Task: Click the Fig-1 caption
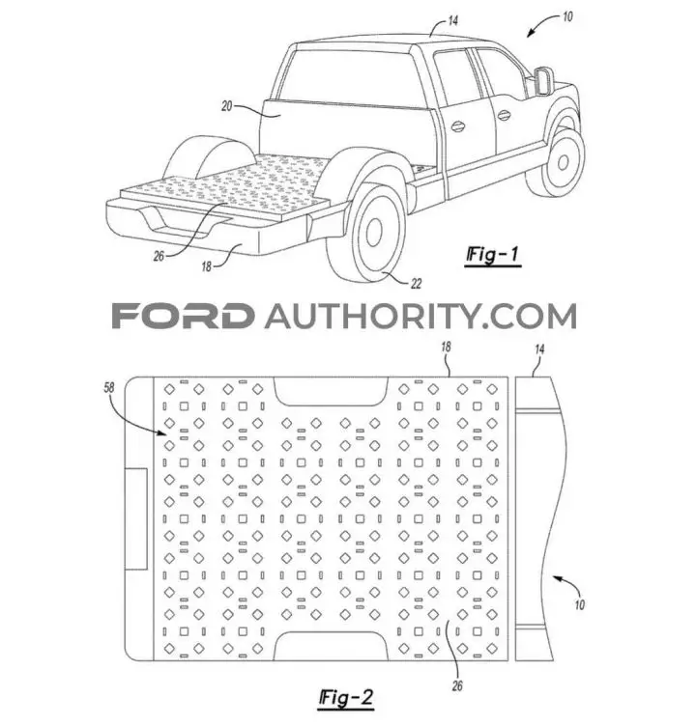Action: click(x=492, y=256)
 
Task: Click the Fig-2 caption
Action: click(x=346, y=698)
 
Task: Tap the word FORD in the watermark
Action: click(x=183, y=317)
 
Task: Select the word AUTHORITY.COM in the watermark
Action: click(x=421, y=317)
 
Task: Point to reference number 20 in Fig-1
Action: click(x=227, y=106)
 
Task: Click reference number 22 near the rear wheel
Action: click(x=416, y=284)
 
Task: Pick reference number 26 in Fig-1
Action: click(x=159, y=256)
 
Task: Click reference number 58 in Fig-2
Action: click(x=108, y=387)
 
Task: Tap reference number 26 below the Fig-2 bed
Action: click(x=457, y=685)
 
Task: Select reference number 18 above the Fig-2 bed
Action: click(x=446, y=347)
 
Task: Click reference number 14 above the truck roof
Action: click(x=452, y=21)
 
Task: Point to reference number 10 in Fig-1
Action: click(x=567, y=17)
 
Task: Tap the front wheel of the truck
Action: click(x=560, y=162)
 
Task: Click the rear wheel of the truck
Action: click(x=366, y=232)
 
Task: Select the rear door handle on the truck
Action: click(x=457, y=126)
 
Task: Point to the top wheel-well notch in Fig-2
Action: click(x=331, y=391)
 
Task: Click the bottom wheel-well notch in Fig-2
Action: click(x=331, y=646)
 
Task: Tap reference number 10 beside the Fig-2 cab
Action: click(x=579, y=605)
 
